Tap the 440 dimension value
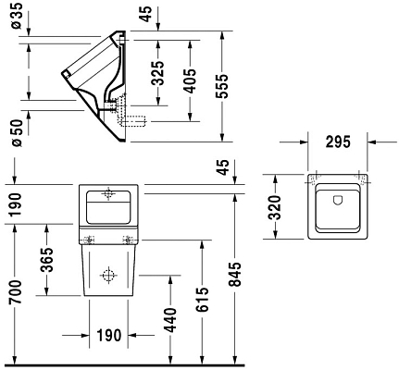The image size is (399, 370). (x=168, y=317)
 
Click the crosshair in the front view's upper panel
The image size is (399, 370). (x=109, y=194)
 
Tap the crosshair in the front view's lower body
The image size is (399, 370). (x=107, y=276)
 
